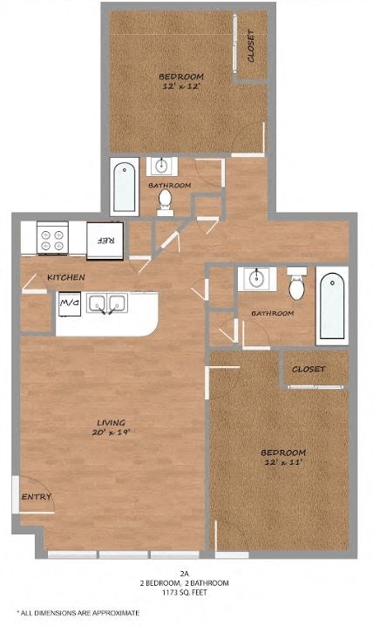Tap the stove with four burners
[51, 237]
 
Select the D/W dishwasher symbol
[69, 304]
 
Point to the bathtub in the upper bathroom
[125, 187]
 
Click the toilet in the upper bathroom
[165, 201]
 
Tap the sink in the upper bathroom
[162, 166]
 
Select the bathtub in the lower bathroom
[332, 305]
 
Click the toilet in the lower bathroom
[296, 284]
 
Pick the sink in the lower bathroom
[256, 279]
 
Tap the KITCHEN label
[66, 277]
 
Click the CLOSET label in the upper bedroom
[251, 45]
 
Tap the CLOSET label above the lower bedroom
[309, 369]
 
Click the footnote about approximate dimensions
[78, 614]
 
